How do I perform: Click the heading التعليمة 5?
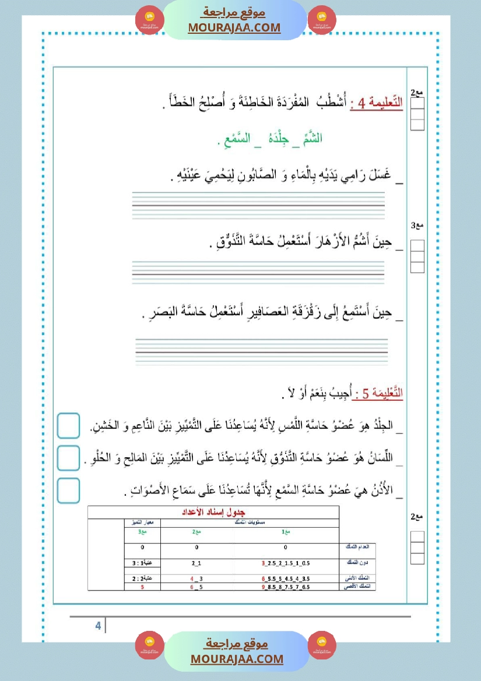point(378,394)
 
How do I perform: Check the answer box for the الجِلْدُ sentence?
point(69,426)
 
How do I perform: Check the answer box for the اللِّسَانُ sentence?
point(69,458)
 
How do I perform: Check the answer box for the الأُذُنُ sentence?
point(69,491)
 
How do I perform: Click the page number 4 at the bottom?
point(98,626)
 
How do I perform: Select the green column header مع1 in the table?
point(285,532)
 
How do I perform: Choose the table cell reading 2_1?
point(196,563)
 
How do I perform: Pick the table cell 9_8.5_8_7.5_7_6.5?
point(286,587)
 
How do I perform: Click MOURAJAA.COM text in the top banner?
point(234,27)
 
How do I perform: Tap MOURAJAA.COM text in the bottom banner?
point(237,659)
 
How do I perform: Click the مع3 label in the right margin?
point(417,225)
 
